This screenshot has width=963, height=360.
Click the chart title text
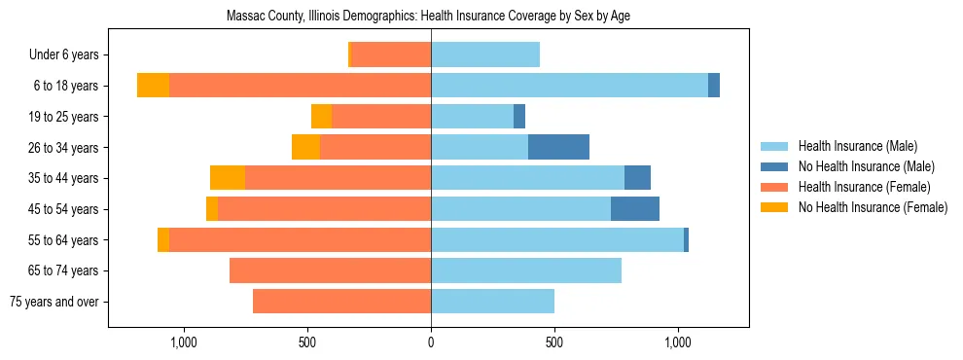(x=428, y=17)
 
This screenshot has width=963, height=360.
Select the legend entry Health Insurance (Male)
(x=857, y=146)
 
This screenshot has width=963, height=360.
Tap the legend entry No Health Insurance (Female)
(x=873, y=207)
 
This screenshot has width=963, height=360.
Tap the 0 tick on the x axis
(x=431, y=342)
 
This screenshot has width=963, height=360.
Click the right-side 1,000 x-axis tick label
(x=678, y=342)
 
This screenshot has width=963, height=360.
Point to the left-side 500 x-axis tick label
(x=307, y=342)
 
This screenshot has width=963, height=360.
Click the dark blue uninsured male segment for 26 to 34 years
(x=558, y=147)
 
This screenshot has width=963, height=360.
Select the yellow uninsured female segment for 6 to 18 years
(x=153, y=86)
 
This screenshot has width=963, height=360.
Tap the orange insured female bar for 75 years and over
(x=341, y=302)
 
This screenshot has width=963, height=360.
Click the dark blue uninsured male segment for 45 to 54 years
(x=635, y=209)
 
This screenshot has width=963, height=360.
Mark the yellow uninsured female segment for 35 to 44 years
(x=228, y=178)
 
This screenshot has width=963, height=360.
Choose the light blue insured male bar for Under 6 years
(x=485, y=54)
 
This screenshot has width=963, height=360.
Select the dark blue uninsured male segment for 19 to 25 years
(x=519, y=117)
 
